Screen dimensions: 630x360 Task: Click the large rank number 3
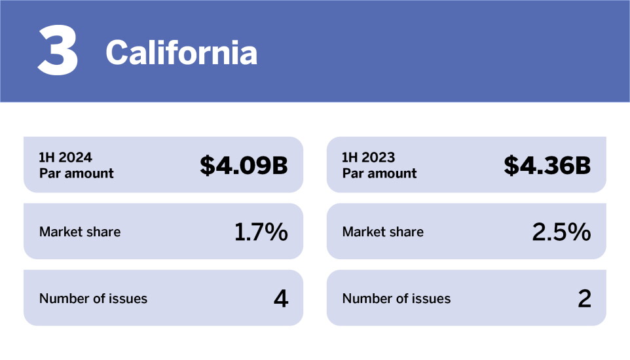(x=58, y=50)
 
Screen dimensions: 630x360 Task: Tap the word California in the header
(x=181, y=52)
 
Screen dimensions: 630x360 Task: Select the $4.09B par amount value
(x=244, y=165)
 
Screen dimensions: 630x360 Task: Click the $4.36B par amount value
(x=547, y=165)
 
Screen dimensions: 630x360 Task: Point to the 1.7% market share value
(x=261, y=232)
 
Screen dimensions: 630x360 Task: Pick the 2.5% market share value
(x=561, y=232)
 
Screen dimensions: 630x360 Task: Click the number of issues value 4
(x=281, y=298)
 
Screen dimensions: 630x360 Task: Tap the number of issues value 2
(x=585, y=298)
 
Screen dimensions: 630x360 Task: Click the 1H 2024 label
(x=65, y=157)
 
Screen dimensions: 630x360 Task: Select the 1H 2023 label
(x=369, y=157)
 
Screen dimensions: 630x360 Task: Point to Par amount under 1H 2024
(x=77, y=173)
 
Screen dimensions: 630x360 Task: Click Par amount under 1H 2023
(x=379, y=173)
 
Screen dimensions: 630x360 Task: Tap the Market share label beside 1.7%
(x=80, y=232)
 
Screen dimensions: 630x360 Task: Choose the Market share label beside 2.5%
(x=383, y=232)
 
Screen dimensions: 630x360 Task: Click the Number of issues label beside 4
(x=93, y=298)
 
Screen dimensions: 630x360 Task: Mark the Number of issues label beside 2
(x=396, y=298)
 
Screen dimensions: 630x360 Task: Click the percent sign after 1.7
(x=276, y=232)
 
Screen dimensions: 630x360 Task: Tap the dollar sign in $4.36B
(x=511, y=165)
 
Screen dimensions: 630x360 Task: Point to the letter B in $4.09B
(x=280, y=165)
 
